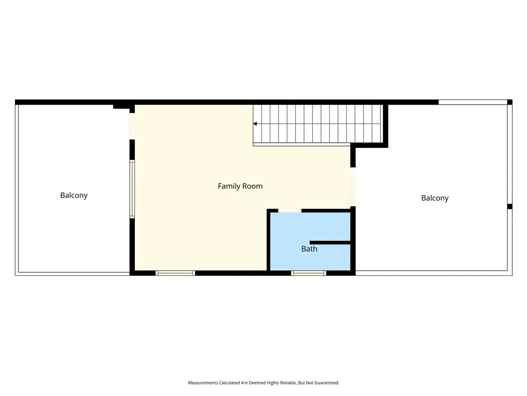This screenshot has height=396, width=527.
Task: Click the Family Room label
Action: tap(240, 186)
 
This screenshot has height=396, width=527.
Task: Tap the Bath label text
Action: tap(309, 249)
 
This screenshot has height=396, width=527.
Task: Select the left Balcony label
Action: tap(74, 195)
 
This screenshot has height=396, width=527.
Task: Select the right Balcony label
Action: tap(435, 199)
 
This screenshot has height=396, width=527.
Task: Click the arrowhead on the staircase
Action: tap(255, 124)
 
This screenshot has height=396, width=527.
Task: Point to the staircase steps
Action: tap(318, 124)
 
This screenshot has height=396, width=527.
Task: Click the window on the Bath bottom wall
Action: tap(309, 273)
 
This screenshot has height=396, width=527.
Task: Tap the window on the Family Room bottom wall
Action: tap(175, 273)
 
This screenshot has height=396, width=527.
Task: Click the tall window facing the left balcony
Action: tap(132, 189)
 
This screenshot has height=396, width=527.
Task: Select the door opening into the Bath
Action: tap(290, 211)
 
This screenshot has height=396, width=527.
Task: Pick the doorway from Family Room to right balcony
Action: tap(353, 187)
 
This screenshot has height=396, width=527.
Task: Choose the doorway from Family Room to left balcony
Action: tap(132, 126)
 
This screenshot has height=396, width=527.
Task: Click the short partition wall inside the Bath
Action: tap(330, 242)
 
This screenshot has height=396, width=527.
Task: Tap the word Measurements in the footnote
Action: tap(203, 383)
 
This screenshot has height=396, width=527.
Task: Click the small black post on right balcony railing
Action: tap(510, 206)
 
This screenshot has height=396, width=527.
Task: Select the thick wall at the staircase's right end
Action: tap(385, 125)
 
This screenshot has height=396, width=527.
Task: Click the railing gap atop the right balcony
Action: tap(473, 102)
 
